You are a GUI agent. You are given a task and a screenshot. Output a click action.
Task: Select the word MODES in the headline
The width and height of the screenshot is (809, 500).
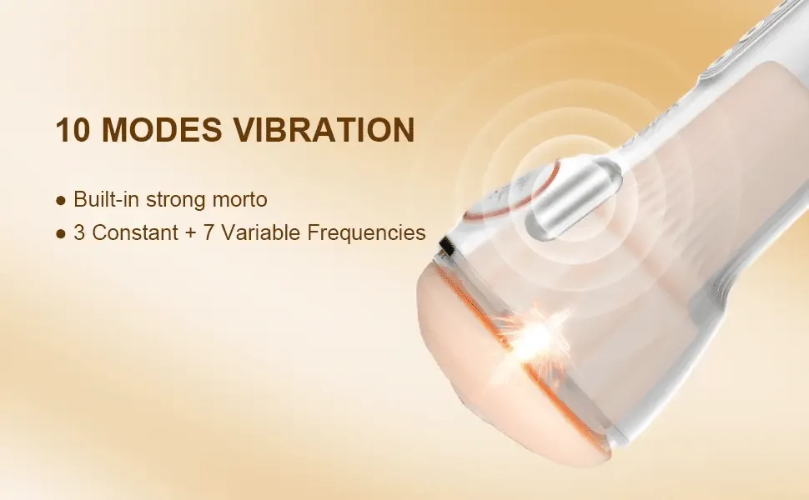coord(162,129)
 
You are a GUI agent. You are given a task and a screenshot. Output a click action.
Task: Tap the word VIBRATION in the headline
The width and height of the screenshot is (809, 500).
coord(325,129)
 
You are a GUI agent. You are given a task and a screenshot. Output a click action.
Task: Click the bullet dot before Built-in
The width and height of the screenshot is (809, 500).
coord(61,201)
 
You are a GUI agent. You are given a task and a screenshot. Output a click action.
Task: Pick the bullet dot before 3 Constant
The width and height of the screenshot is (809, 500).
coord(61,233)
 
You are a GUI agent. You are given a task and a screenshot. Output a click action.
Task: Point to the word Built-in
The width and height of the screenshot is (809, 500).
coord(106,199)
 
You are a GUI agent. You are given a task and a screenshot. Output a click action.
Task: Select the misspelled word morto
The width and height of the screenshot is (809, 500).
coord(240,200)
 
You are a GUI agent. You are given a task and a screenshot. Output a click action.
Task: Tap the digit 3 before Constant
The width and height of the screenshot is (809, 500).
coord(79,232)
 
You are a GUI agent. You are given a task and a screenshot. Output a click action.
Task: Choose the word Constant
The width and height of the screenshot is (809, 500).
coord(135,232)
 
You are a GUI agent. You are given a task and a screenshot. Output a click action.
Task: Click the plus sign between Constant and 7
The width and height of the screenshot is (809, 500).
coord(191,233)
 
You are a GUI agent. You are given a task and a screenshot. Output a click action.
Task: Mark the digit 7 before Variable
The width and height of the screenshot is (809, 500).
coord(209,232)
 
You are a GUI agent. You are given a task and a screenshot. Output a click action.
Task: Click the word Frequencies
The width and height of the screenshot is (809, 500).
coord(366,233)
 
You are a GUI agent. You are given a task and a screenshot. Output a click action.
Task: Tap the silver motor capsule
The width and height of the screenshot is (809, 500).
coord(573,198)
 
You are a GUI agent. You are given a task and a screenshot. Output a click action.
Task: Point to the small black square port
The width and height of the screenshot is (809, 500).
coord(447,247)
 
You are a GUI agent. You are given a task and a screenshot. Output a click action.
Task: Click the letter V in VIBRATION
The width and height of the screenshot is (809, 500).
coord(246,129)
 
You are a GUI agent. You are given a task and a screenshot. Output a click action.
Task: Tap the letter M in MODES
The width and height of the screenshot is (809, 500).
coord(116,129)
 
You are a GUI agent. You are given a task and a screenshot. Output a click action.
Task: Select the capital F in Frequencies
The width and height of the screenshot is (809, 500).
coord(313,232)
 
